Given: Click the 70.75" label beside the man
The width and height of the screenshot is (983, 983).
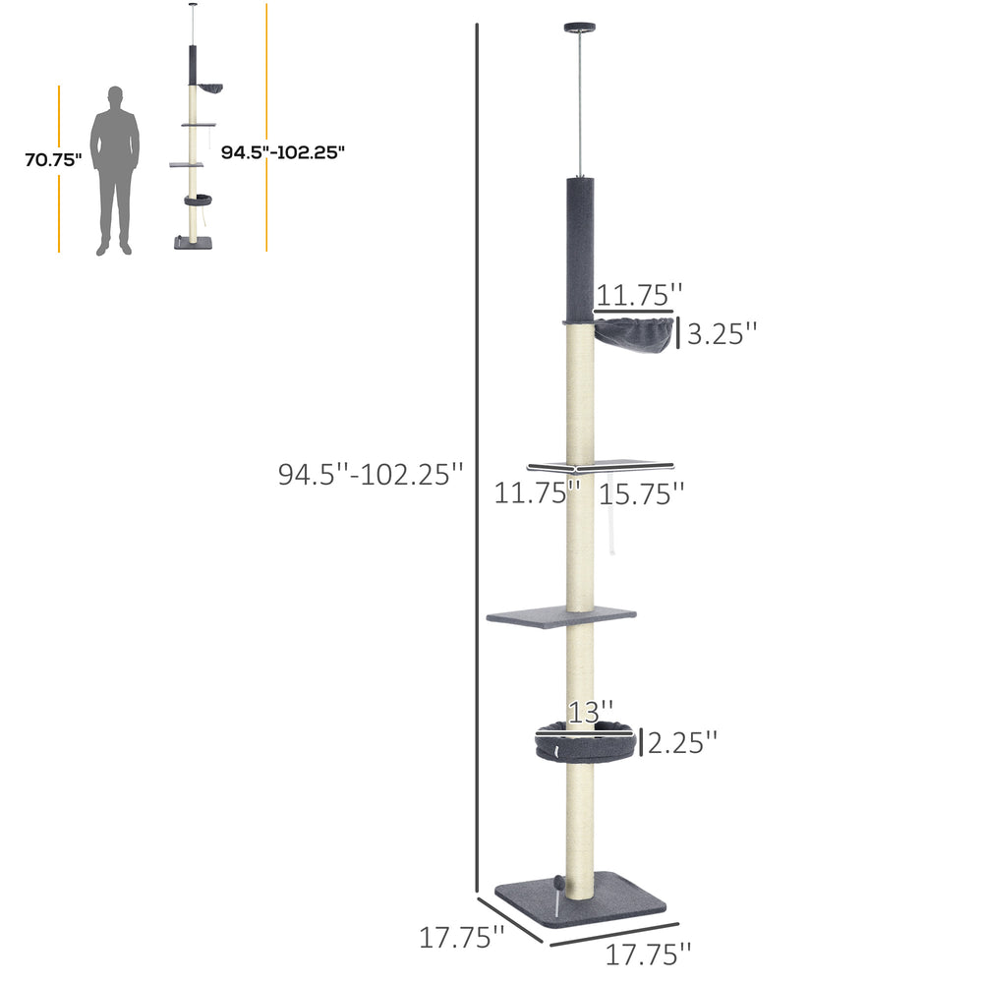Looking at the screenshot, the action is [x=53, y=160].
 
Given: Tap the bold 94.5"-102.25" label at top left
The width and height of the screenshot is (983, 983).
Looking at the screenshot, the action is [x=283, y=152].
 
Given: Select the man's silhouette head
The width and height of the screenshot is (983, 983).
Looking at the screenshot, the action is [x=115, y=97].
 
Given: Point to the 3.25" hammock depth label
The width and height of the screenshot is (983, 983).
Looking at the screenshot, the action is [x=723, y=333].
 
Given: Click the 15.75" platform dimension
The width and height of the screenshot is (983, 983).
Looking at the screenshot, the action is [x=641, y=494].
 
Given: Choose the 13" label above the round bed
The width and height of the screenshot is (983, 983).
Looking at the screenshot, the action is [x=591, y=712].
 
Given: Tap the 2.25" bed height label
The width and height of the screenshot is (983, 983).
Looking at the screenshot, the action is [x=682, y=743].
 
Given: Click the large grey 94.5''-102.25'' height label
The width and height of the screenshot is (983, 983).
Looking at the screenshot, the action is [x=371, y=474].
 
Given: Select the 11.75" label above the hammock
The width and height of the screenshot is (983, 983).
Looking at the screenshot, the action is [x=639, y=295].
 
